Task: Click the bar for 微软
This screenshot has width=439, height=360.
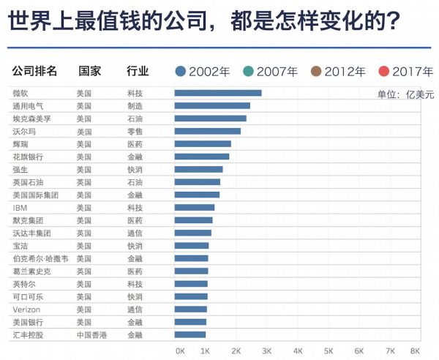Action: click(x=217, y=93)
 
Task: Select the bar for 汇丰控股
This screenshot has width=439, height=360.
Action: click(x=190, y=334)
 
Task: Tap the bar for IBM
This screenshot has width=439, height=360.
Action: click(x=194, y=207)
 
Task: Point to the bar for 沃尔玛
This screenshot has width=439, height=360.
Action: click(x=207, y=131)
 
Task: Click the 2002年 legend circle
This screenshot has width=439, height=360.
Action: click(x=181, y=72)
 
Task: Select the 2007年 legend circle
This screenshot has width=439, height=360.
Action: click(x=248, y=72)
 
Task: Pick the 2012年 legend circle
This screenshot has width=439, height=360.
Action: click(x=316, y=72)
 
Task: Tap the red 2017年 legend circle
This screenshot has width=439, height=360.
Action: click(x=383, y=72)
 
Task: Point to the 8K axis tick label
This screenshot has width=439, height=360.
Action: click(x=416, y=350)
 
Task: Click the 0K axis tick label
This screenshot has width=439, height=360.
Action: click(x=180, y=350)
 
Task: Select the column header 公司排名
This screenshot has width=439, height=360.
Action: click(x=29, y=72)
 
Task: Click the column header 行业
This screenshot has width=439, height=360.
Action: click(x=138, y=72)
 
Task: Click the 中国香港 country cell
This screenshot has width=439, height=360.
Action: click(x=91, y=334)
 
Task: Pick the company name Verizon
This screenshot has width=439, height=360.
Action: click(x=26, y=309)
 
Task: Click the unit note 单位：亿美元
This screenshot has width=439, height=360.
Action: click(x=405, y=94)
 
